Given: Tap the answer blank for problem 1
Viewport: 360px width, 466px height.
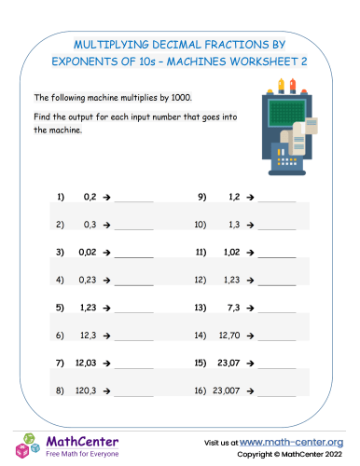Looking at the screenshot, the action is click(133, 198).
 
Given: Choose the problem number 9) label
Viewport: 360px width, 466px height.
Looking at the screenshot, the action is click(201, 198).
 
